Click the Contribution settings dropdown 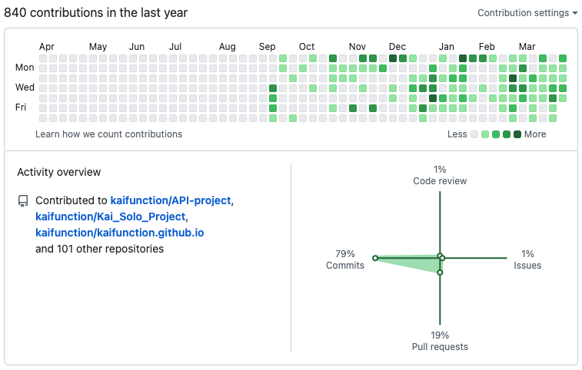[527, 13]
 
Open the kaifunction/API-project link [171, 200]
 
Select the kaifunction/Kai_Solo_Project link [110, 216]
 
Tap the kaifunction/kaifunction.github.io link [119, 233]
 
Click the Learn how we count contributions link [108, 134]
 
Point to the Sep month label [267, 47]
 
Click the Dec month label [397, 47]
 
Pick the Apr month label [46, 47]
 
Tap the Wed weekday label [25, 88]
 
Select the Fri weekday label [21, 107]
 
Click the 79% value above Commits [345, 254]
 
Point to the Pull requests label [440, 347]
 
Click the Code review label [440, 181]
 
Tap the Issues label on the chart [527, 266]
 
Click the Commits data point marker [375, 258]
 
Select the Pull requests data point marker [440, 273]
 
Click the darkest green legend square [517, 134]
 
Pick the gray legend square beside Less [474, 134]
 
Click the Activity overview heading [59, 173]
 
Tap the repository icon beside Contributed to [23, 201]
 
